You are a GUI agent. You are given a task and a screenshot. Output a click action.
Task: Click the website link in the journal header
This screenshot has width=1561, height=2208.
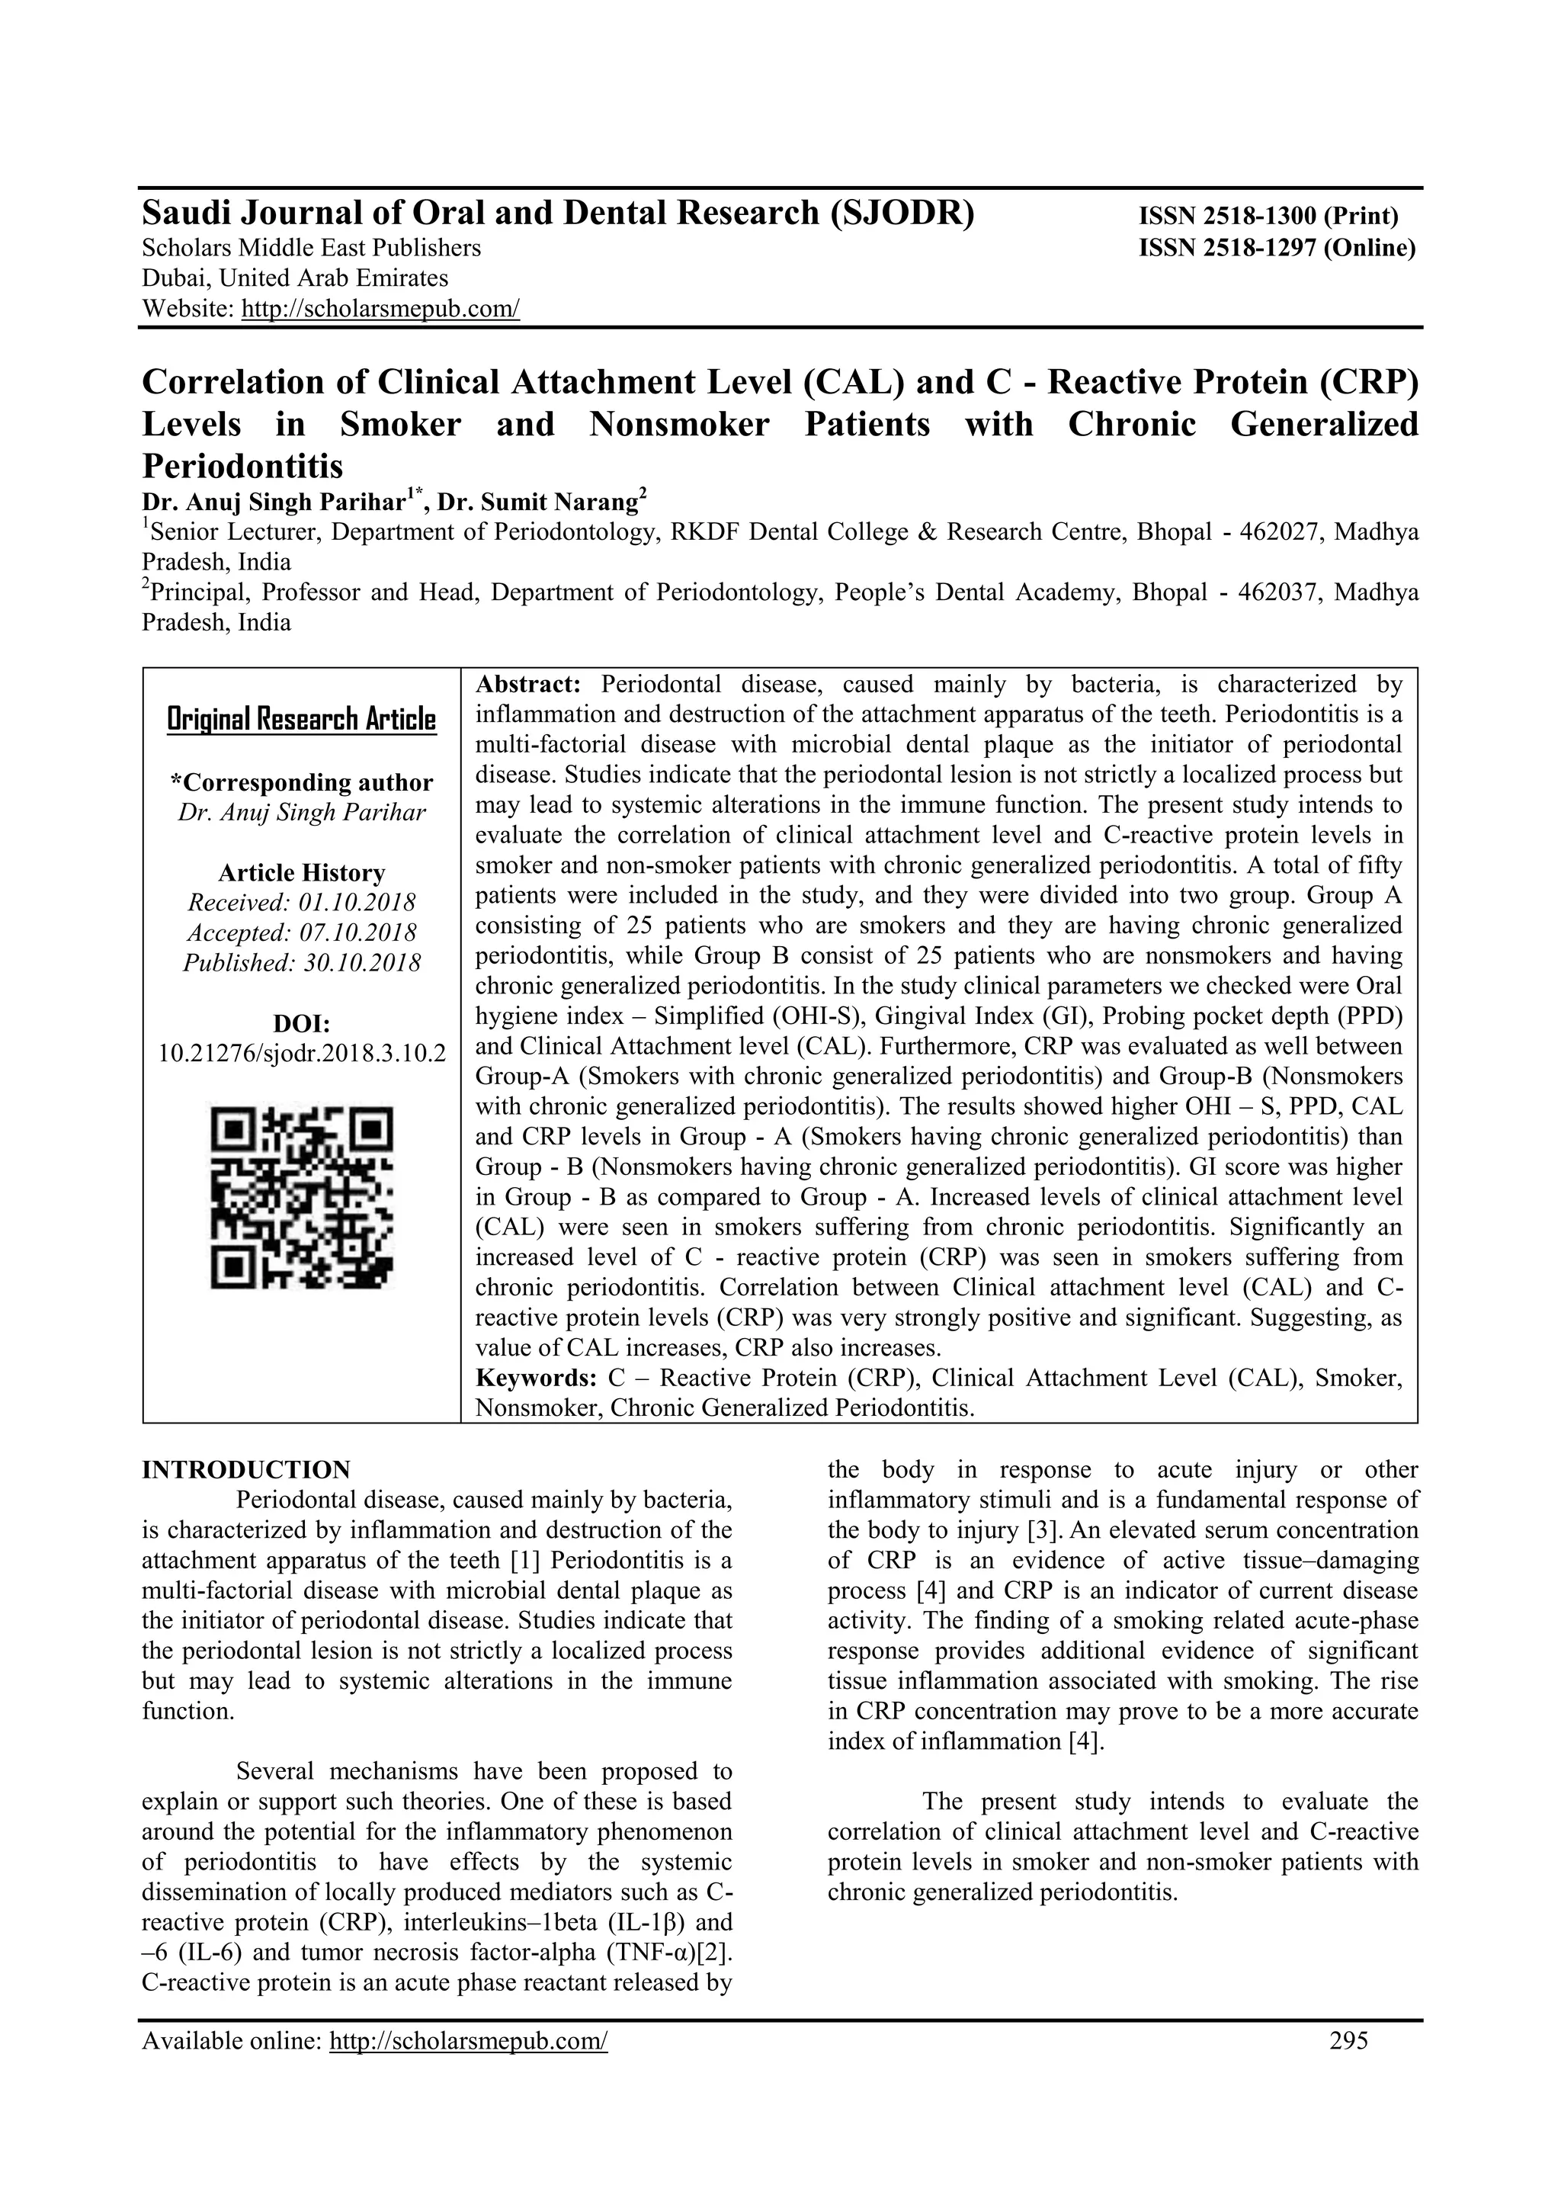(380, 310)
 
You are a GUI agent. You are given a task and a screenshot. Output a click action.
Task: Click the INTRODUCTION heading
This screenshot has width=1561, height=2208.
(246, 1469)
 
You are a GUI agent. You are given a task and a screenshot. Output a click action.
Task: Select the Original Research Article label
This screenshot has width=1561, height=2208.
(302, 719)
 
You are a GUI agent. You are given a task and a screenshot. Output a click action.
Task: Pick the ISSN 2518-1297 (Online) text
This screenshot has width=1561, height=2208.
(1277, 248)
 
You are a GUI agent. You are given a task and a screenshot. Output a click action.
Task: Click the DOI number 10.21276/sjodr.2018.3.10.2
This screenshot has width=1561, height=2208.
(302, 1052)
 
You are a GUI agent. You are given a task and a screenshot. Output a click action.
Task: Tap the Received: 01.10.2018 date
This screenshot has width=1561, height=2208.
(302, 903)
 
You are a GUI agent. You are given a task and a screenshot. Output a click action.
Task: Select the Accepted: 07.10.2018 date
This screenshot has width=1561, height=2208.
(302, 932)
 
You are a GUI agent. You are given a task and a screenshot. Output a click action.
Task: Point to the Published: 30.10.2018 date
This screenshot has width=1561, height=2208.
(302, 963)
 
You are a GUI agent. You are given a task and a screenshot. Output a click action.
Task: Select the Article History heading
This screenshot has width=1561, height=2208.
(302, 873)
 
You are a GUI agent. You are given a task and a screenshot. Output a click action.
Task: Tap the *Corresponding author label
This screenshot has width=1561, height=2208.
(302, 783)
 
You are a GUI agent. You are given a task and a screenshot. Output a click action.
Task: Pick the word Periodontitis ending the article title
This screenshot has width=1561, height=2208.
(242, 467)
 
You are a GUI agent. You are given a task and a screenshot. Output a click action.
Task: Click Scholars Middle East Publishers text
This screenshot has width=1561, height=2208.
(312, 248)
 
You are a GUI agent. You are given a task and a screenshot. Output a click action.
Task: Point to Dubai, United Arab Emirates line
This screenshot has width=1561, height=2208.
(295, 279)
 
